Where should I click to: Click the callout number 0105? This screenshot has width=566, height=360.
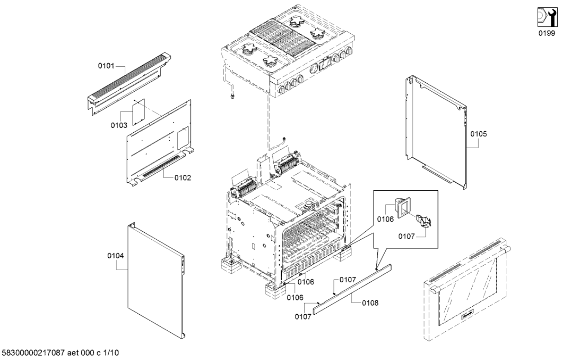coord(479,134)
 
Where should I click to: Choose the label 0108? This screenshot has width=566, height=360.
coord(370,303)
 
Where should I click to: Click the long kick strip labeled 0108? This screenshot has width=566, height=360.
coord(351,289)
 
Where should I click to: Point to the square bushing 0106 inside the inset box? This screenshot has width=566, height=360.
coord(402,206)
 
